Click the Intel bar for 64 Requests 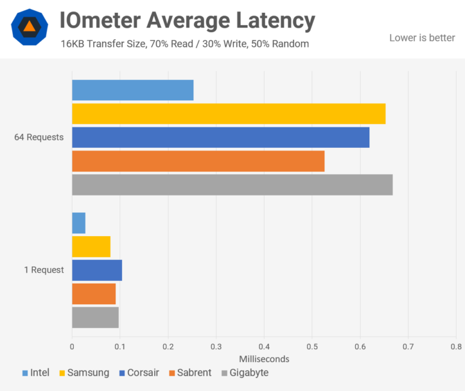[132, 91]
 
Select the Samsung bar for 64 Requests [229, 114]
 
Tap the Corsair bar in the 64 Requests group [220, 138]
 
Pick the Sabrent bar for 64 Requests [198, 161]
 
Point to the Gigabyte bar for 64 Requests [232, 185]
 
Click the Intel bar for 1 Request [78, 223]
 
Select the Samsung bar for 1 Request [91, 246]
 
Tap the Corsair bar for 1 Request [97, 270]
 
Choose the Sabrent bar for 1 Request [94, 294]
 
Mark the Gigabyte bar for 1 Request [95, 317]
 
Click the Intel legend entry [35, 373]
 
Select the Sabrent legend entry [190, 373]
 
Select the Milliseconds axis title [264, 359]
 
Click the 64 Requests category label [39, 137]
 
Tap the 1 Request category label [44, 270]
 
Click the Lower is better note [422, 38]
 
